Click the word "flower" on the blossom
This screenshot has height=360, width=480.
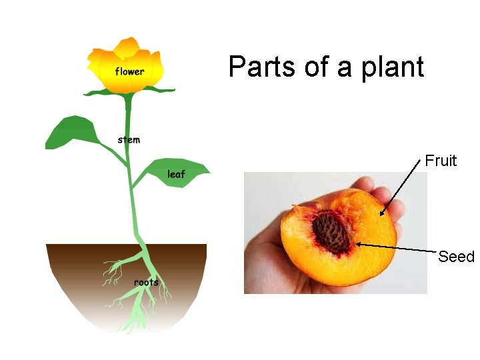(129, 71)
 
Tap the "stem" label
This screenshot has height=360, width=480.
(129, 140)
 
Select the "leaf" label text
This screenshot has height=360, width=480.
(176, 175)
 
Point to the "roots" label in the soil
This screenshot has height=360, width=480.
(146, 282)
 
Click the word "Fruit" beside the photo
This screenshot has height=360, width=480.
(441, 161)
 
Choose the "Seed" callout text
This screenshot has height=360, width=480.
(456, 257)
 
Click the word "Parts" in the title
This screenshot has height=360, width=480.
(257, 67)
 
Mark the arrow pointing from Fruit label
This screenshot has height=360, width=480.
(403, 187)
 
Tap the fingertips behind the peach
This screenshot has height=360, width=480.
(387, 193)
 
